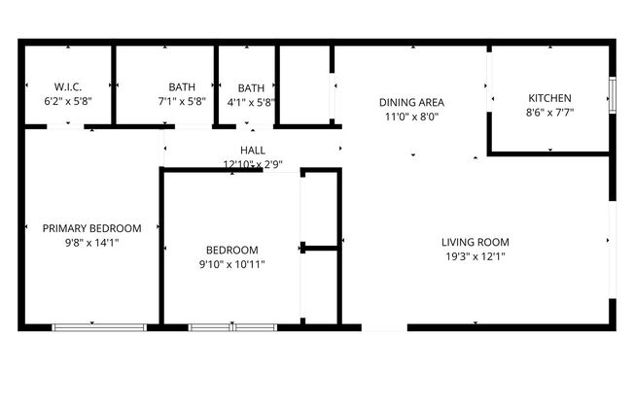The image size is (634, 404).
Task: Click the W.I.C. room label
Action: point(68,86)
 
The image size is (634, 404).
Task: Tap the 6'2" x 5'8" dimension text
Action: point(68,100)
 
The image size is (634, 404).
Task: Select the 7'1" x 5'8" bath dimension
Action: point(181,100)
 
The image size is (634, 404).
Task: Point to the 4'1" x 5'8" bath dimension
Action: point(251,100)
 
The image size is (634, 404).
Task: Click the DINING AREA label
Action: point(412,102)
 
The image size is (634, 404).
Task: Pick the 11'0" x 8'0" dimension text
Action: point(412,117)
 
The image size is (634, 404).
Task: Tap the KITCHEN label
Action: point(549,98)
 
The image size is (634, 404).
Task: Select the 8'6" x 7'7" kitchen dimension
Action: point(549,112)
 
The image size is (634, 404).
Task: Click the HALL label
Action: point(253,150)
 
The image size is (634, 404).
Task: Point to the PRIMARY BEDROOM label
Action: point(92,228)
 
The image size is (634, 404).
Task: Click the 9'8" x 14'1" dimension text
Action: point(92,243)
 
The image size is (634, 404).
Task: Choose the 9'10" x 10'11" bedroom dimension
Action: point(232,263)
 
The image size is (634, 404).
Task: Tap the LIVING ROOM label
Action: point(475,242)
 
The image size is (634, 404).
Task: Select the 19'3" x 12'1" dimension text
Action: point(475,256)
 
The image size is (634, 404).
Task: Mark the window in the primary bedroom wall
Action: point(99,327)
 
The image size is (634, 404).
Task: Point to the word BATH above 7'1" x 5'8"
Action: point(181,86)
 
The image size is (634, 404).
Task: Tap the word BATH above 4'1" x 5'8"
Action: point(251,86)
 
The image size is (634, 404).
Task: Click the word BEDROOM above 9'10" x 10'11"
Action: point(232,249)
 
